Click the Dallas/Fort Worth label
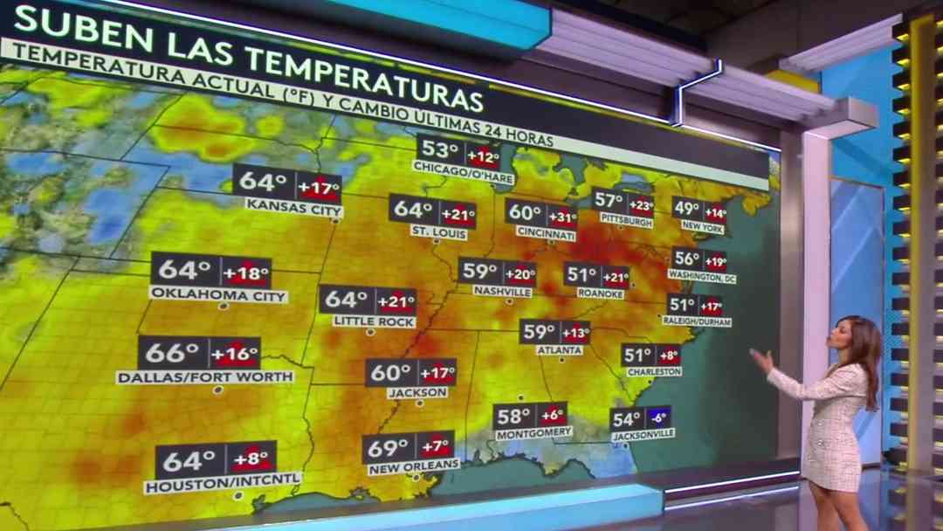[x=204, y=376]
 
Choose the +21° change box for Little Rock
[x=396, y=301]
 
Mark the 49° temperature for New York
[x=687, y=210]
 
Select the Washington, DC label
[x=702, y=276]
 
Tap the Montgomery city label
[x=533, y=432]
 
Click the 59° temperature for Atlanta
[x=539, y=332]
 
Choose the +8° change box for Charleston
[x=668, y=355]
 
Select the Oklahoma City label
[x=218, y=295]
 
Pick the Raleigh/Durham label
[x=697, y=322]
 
